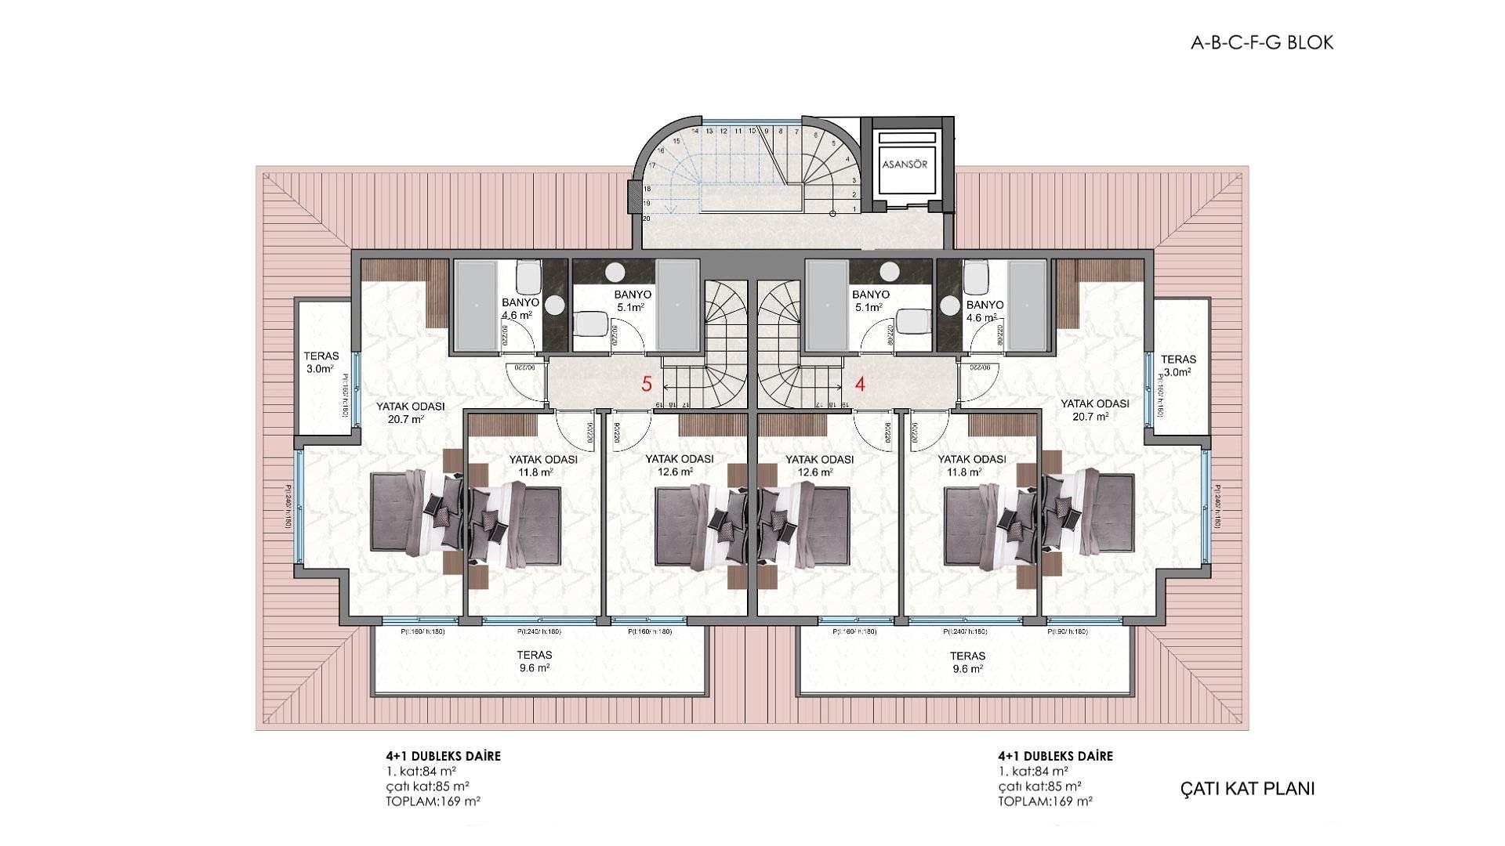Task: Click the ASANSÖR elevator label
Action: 905,164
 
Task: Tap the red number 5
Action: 647,384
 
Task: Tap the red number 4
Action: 860,385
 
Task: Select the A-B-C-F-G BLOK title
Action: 1261,42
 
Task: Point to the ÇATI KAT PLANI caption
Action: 1247,788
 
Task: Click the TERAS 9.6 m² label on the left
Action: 534,661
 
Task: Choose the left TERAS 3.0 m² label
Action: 321,362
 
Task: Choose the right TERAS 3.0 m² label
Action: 1178,365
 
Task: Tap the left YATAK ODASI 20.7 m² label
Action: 410,412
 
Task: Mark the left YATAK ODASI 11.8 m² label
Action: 542,465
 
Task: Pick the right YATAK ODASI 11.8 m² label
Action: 971,465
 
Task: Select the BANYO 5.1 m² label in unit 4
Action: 870,301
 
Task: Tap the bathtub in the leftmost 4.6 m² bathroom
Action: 476,305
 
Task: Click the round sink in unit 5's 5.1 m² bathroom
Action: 615,272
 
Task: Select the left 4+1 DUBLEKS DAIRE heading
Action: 443,756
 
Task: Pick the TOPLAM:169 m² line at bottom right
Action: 1045,801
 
